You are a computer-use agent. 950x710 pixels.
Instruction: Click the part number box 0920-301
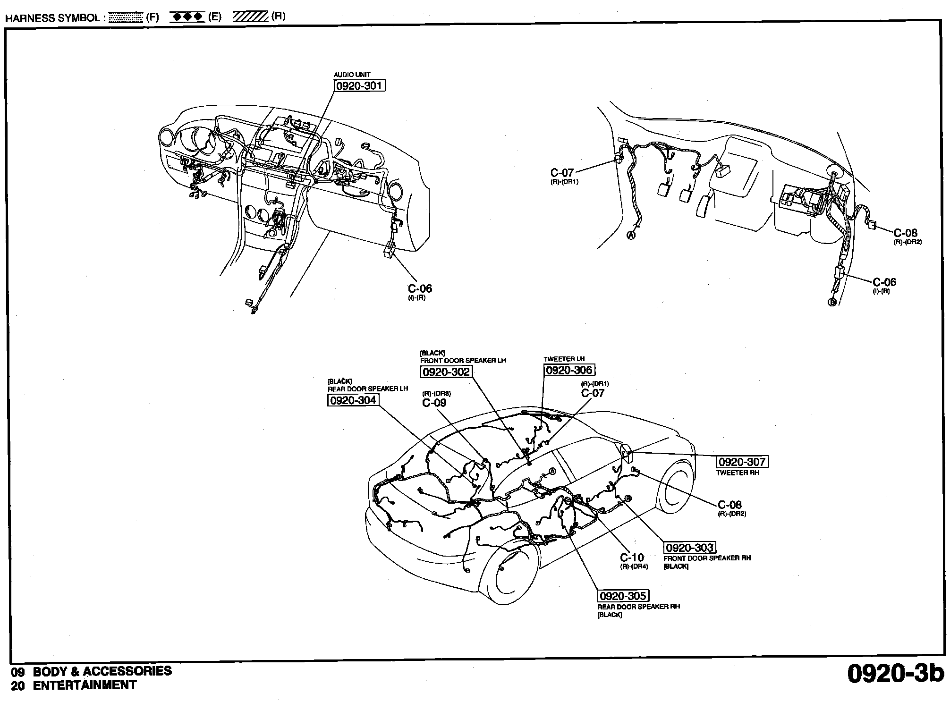359,86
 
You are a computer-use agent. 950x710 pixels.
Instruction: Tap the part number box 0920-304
353,400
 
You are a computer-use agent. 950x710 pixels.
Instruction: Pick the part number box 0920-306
569,370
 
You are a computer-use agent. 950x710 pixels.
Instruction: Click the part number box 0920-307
742,462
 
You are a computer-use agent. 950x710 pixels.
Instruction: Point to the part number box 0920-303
690,548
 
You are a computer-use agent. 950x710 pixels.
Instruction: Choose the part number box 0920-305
623,596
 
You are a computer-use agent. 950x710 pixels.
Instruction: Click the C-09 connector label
434,403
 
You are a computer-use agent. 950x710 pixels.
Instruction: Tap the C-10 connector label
632,558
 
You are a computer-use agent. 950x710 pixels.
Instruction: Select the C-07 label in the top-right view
562,173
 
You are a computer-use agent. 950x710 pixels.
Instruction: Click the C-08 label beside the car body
729,505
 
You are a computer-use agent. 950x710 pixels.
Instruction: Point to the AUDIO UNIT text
352,75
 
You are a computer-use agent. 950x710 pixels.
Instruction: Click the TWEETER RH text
738,473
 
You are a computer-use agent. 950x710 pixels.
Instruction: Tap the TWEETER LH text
564,359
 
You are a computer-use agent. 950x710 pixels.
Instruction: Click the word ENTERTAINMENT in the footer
85,685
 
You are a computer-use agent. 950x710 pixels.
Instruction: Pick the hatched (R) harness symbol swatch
250,17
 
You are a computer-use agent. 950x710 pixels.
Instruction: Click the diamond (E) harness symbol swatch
187,17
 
